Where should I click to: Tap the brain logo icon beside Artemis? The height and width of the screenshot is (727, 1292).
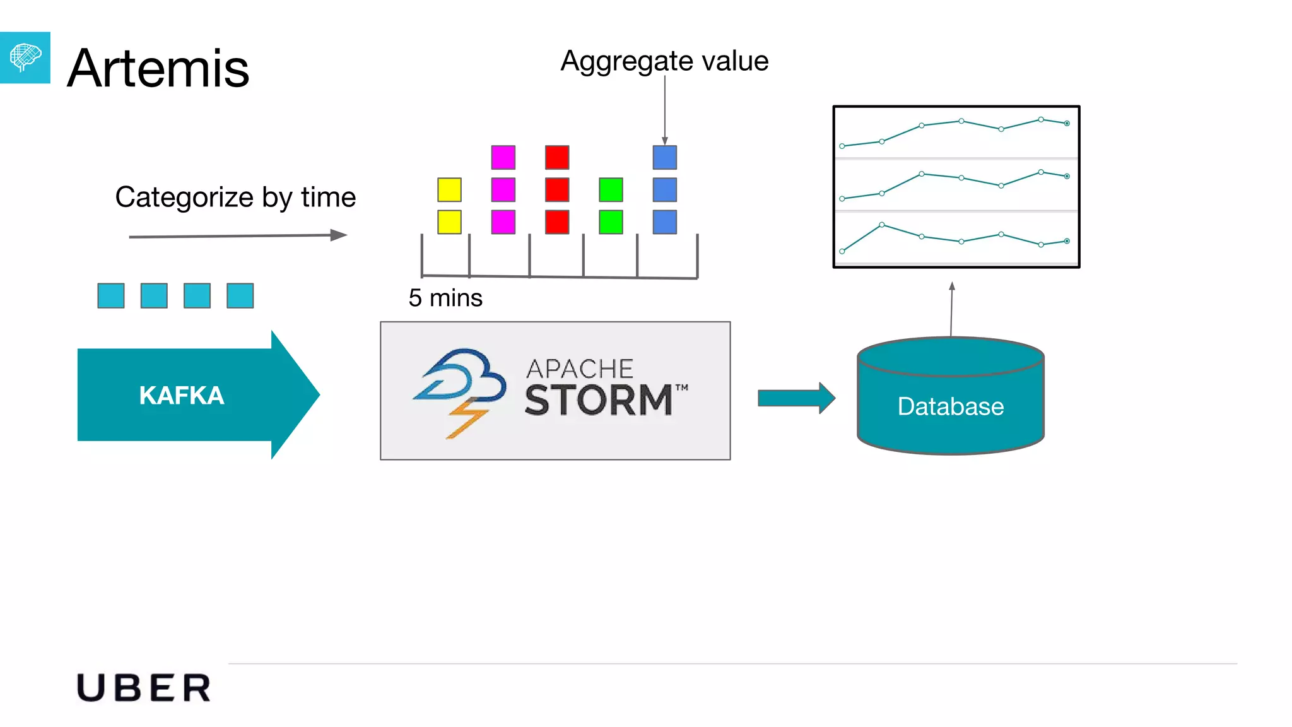25,57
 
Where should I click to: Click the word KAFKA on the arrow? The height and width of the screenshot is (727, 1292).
182,396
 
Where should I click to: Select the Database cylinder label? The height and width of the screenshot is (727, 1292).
950,406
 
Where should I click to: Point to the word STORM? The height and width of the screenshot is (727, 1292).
598,400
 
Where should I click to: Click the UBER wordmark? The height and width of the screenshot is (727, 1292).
144,688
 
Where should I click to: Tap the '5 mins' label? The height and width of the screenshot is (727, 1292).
445,298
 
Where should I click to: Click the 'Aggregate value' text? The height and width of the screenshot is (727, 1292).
664,61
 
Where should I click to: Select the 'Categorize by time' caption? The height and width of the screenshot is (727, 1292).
235,197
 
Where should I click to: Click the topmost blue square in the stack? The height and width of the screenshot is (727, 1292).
664,158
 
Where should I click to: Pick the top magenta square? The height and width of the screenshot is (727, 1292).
503,158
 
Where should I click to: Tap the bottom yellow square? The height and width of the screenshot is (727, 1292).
449,222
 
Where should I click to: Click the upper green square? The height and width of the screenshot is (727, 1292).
611,190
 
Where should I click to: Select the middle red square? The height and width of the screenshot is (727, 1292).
557,190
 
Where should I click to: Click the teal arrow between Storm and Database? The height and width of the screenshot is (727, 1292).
796,398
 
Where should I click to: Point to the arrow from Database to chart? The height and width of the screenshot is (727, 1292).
951,309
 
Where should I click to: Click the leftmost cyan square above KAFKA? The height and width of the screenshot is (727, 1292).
111,295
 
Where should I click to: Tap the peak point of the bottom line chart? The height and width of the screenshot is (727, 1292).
881,225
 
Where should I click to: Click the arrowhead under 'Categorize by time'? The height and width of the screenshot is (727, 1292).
339,235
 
